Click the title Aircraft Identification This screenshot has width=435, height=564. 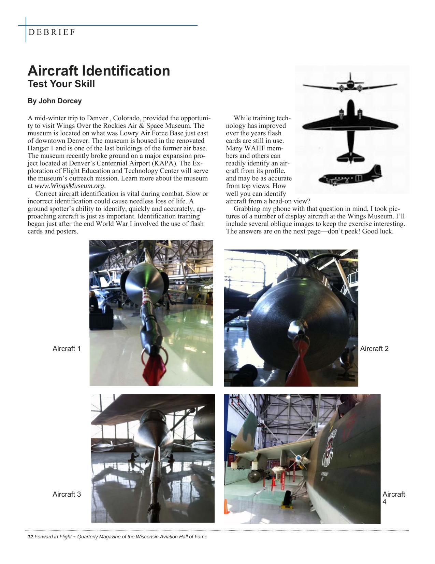coord(99,71)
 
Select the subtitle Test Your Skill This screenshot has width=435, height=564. coord(61,84)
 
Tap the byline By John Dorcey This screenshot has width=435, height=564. coord(55,101)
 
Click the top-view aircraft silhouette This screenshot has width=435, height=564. coord(350,130)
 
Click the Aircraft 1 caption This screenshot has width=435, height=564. coord(67,349)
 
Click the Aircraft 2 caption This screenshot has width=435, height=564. coord(374,349)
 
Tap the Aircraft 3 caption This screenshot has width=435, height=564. coord(67,494)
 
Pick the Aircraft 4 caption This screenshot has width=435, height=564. coord(393,498)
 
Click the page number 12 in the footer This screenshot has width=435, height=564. coord(30,537)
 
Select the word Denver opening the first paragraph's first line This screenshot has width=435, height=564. coord(97,118)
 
